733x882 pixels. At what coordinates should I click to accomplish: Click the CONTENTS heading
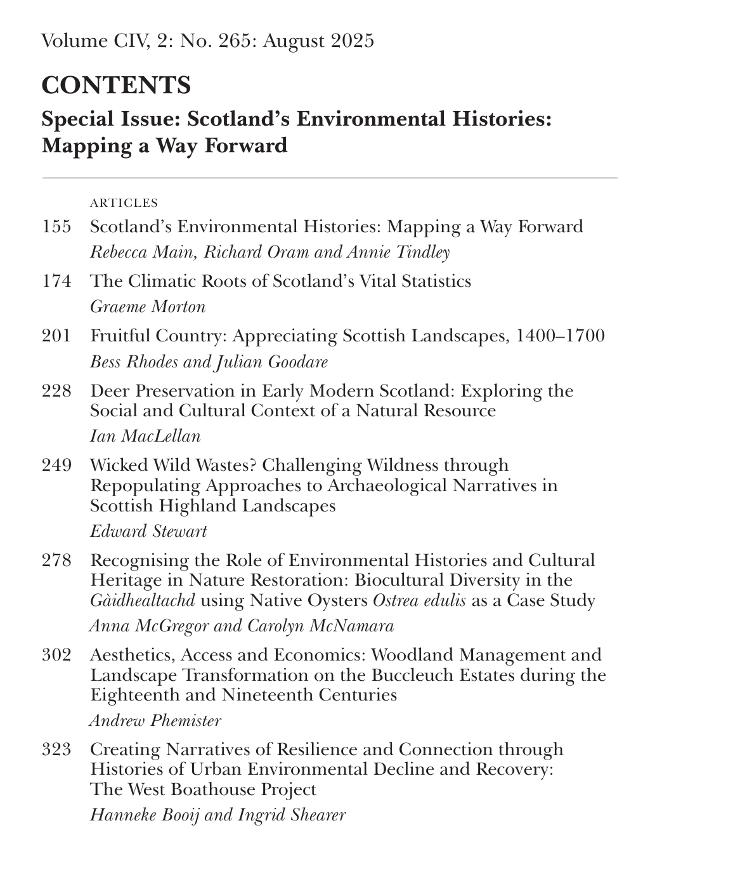[116, 85]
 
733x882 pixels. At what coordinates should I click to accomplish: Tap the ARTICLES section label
[124, 203]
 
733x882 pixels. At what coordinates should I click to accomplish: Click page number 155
[56, 227]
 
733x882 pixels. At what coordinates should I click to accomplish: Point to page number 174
[56, 280]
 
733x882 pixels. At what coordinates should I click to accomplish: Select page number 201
[56, 335]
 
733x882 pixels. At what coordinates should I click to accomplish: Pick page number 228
[56, 390]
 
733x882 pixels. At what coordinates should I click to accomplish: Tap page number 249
[56, 465]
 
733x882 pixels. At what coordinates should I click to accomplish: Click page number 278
[56, 560]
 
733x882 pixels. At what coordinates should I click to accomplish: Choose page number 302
[56, 654]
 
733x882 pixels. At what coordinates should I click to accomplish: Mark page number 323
[56, 749]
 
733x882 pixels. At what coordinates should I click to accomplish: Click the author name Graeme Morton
[148, 307]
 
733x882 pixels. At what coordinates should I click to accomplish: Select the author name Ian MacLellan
[145, 437]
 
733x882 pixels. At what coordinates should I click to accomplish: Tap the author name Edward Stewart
[148, 531]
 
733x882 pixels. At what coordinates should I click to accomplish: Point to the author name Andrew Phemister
[155, 720]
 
